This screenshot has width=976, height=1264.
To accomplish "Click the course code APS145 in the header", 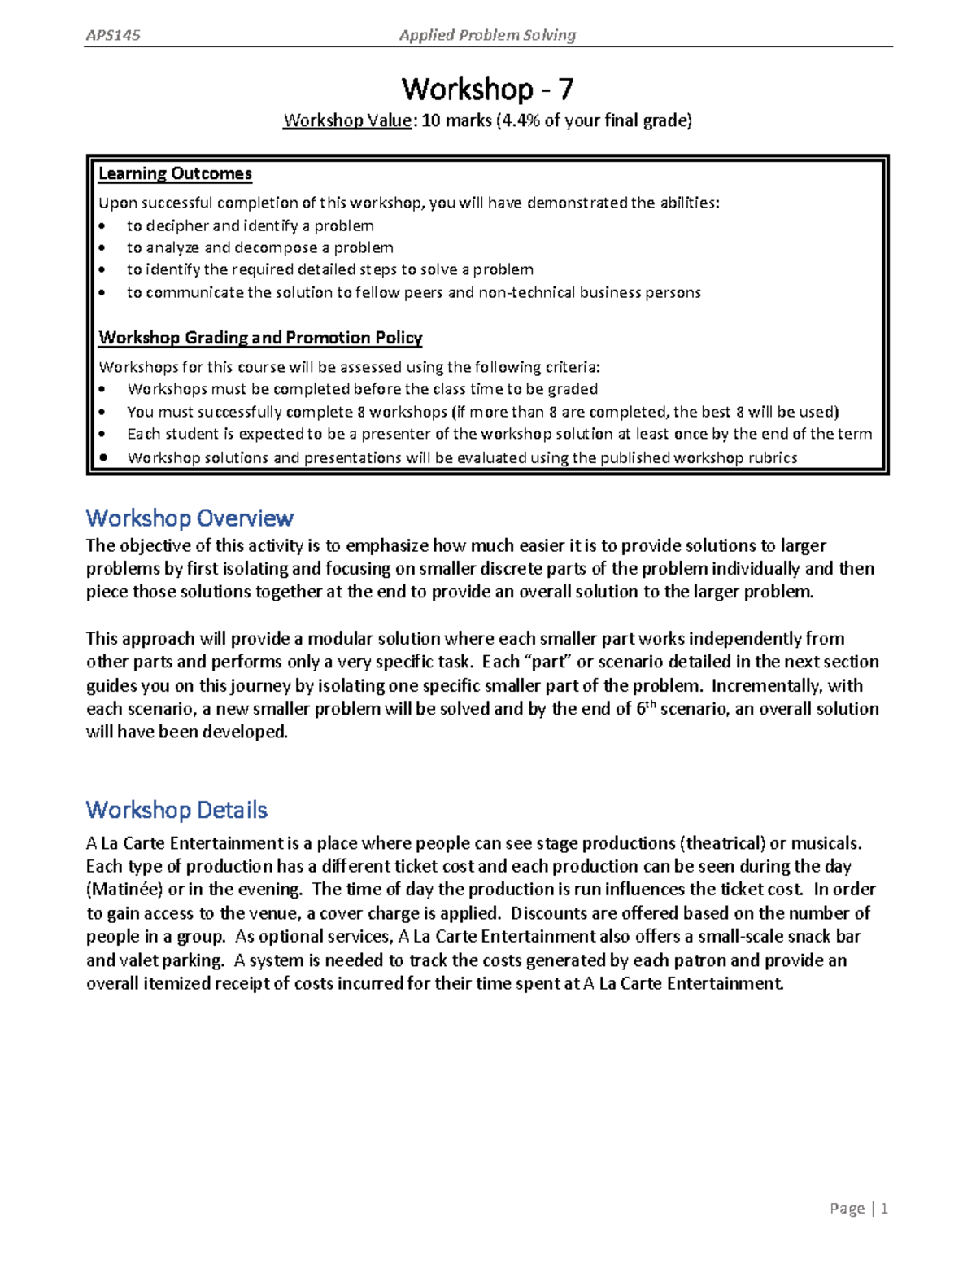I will point(113,35).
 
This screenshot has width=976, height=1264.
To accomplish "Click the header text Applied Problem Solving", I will point(487,35).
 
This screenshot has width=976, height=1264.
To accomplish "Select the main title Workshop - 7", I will point(487,88).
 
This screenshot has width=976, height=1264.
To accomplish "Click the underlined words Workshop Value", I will point(347,121).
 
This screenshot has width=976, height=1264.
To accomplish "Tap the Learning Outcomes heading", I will point(175,173).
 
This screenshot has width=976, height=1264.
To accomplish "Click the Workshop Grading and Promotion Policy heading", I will point(260,337).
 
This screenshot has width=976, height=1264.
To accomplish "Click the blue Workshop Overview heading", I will point(190,518).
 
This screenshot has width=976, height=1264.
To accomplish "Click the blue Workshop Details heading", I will point(176,810).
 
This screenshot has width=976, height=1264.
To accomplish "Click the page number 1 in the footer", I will point(883,1209).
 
